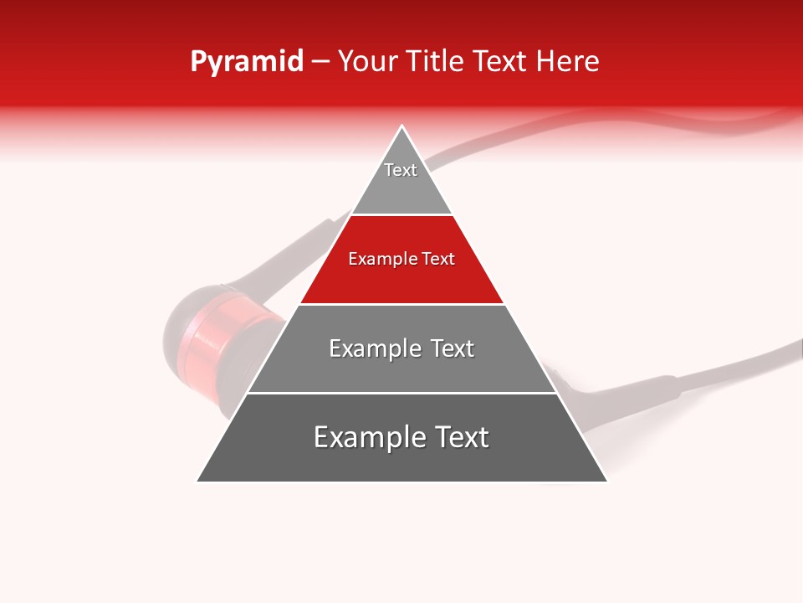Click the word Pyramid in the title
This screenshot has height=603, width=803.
point(246,62)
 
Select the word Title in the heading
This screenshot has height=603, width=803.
point(436,61)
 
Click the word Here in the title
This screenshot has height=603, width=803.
point(567,61)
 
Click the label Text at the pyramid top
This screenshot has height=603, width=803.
point(401,170)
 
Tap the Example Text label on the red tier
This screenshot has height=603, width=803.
point(401,259)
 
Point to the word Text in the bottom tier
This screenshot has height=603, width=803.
point(460,437)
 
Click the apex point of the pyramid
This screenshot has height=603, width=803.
point(402,126)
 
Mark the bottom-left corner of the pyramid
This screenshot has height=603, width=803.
point(197,482)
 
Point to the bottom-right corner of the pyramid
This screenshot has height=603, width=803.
point(606,482)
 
